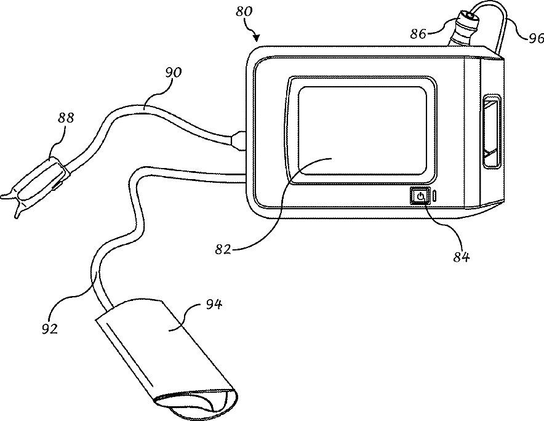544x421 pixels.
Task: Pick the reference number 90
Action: click(174, 73)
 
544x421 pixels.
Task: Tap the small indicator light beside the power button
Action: click(434, 197)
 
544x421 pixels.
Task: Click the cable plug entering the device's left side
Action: click(239, 140)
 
